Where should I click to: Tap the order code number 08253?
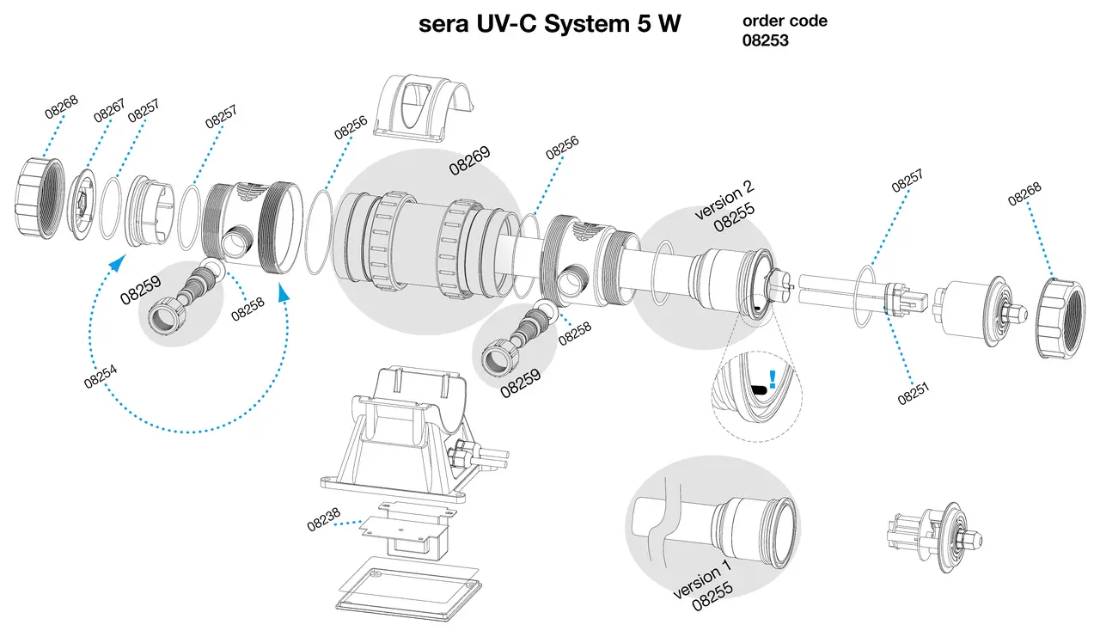click(x=765, y=39)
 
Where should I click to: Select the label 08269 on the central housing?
click(x=469, y=160)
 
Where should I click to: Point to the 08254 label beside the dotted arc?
click(x=101, y=376)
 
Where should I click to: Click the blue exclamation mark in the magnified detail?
click(x=773, y=379)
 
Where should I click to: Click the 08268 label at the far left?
click(x=60, y=107)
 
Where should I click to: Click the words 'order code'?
click(x=785, y=21)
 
